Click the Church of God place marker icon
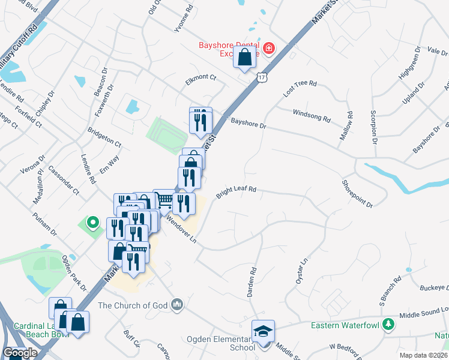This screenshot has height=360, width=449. pyautogui.click(x=176, y=305)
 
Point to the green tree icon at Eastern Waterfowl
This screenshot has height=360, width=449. pyautogui.click(x=389, y=325)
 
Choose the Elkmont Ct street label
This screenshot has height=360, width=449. pyautogui.click(x=200, y=77)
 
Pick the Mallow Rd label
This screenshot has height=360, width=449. pyautogui.click(x=347, y=125)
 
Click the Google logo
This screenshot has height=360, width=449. pyautogui.click(x=20, y=353)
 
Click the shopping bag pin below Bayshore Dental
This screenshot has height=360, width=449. pyautogui.click(x=245, y=59)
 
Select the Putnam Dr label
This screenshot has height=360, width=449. pyautogui.click(x=44, y=224)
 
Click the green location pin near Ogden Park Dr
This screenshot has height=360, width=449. pyautogui.click(x=92, y=223)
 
